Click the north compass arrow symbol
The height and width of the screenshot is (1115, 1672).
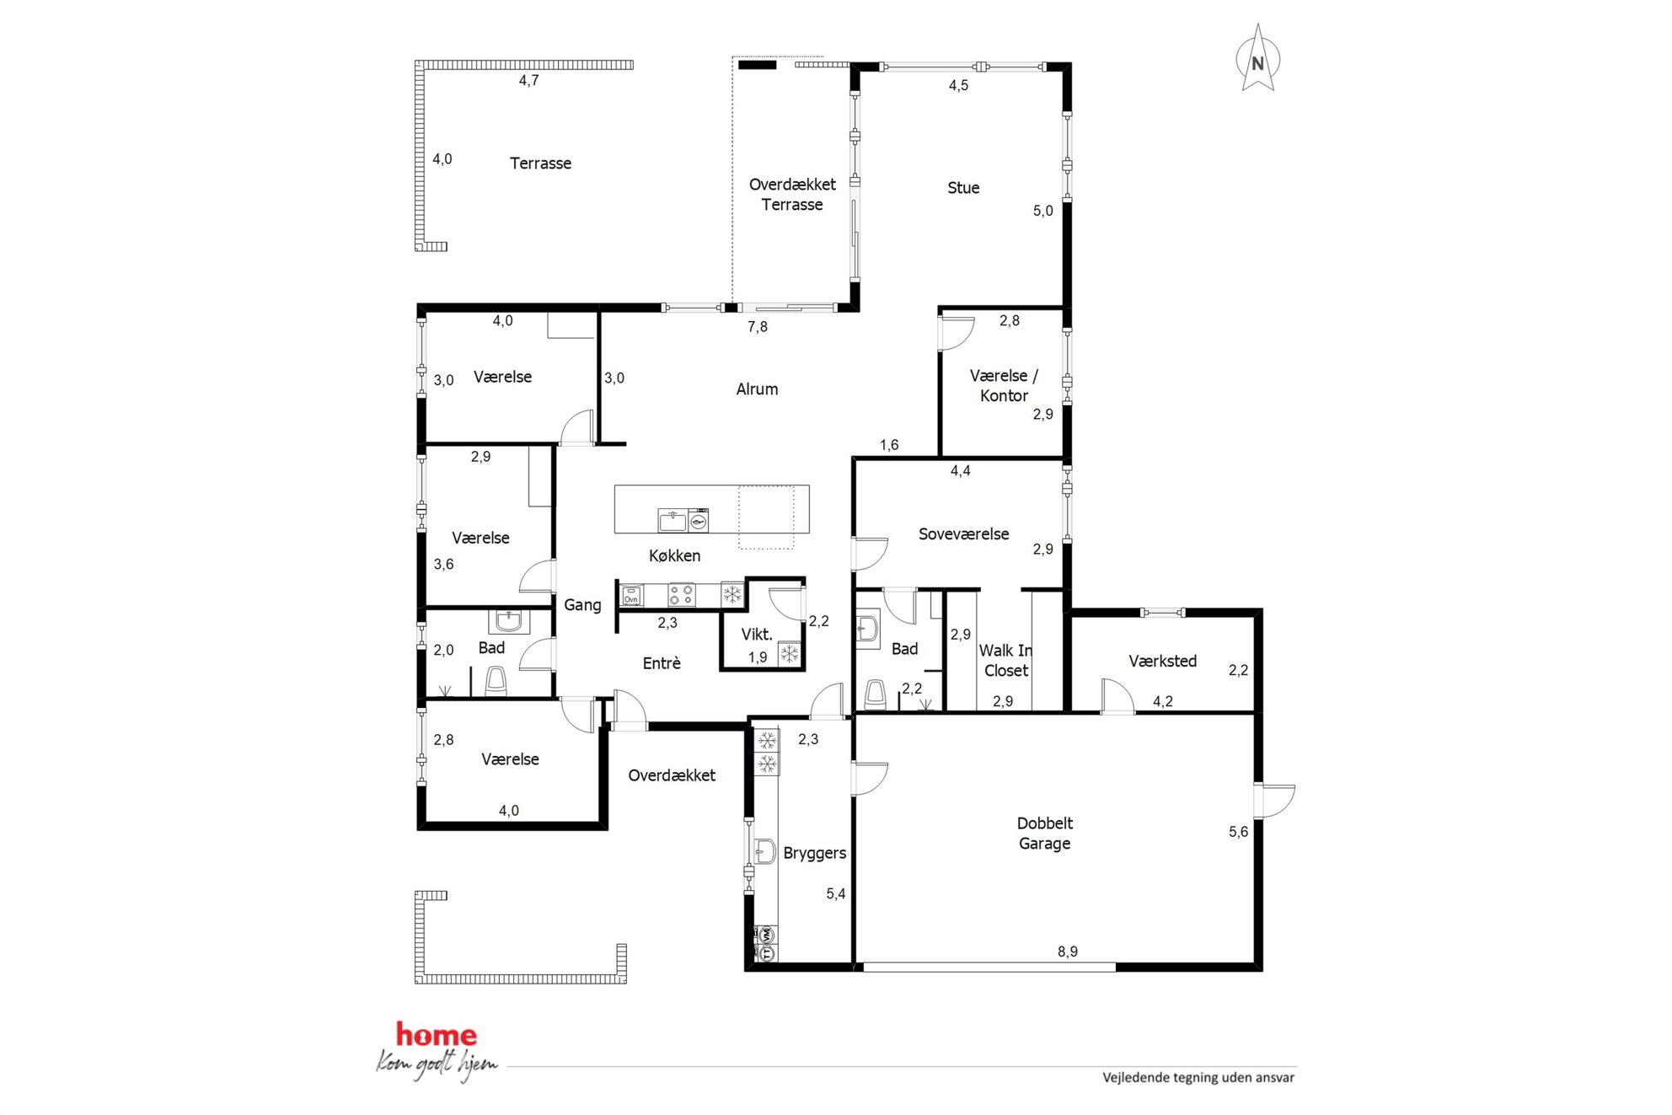[x=1257, y=57]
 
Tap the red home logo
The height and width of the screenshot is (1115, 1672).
[x=437, y=1034]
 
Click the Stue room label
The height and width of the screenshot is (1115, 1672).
[x=963, y=188]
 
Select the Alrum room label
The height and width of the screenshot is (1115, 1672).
[x=757, y=389]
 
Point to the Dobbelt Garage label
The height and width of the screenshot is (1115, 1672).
[x=1045, y=834]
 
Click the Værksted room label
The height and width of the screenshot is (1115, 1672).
[x=1162, y=662]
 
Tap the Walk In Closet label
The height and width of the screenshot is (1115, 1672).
[x=1005, y=661]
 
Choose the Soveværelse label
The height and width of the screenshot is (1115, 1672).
[x=963, y=534]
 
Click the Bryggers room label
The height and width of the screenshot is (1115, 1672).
[x=815, y=853]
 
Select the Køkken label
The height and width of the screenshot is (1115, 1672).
[x=674, y=556]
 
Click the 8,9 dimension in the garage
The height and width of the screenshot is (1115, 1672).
[x=1068, y=952]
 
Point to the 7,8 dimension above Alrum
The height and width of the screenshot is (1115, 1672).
[x=758, y=327]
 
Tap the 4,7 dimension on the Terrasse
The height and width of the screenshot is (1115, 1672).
[x=528, y=81]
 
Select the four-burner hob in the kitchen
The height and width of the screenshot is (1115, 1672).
[x=682, y=595]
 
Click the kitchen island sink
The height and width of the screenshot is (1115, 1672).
[x=673, y=521]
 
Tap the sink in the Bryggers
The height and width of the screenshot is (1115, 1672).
[x=764, y=851]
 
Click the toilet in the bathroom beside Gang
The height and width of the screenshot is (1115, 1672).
[x=496, y=681]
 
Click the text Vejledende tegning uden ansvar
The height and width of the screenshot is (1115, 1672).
[x=1198, y=1077]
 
